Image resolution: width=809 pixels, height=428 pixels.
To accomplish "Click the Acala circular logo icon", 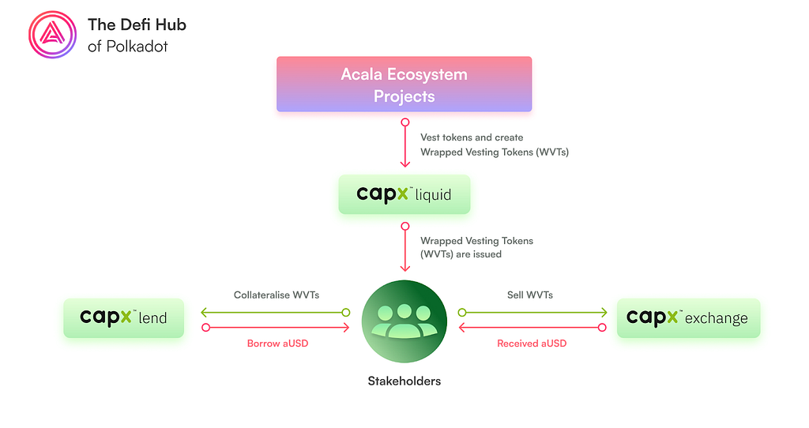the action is pyautogui.click(x=53, y=35).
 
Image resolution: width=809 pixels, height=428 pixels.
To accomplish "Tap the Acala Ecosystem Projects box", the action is pyautogui.click(x=404, y=84).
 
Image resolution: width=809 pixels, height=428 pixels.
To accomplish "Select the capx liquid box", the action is pyautogui.click(x=404, y=194).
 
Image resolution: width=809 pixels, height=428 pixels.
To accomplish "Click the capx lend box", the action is pyautogui.click(x=123, y=318).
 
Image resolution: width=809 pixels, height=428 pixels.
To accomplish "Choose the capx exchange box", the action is pyautogui.click(x=688, y=318).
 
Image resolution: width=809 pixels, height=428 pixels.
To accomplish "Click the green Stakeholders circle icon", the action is pyautogui.click(x=404, y=321).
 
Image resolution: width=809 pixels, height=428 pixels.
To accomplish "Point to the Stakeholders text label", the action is pyautogui.click(x=404, y=381).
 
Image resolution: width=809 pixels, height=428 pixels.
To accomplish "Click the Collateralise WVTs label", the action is pyautogui.click(x=277, y=295).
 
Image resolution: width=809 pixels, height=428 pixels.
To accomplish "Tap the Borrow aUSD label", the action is pyautogui.click(x=277, y=344).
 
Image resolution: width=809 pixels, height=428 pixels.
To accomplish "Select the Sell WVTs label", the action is pyautogui.click(x=530, y=295).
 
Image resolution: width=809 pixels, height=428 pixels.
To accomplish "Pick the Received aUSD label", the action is pyautogui.click(x=532, y=344).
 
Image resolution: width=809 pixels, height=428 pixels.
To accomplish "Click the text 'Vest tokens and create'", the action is pyautogui.click(x=472, y=137).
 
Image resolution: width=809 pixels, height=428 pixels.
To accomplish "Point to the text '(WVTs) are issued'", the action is pyautogui.click(x=461, y=254).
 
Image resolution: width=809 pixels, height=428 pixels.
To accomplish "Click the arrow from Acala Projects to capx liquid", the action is pyautogui.click(x=405, y=143).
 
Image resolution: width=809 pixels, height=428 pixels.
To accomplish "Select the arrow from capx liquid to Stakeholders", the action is pyautogui.click(x=405, y=247).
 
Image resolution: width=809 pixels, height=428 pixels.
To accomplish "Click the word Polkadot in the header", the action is pyautogui.click(x=137, y=47).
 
